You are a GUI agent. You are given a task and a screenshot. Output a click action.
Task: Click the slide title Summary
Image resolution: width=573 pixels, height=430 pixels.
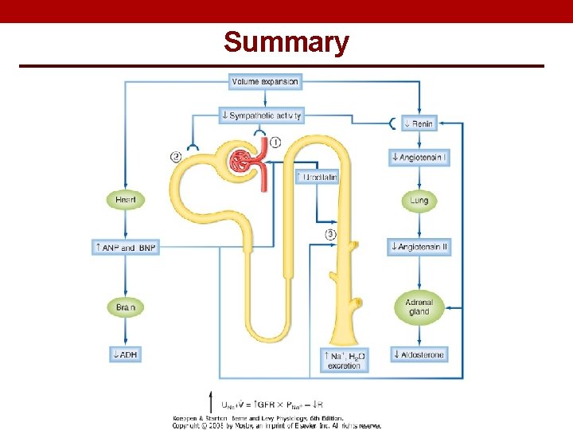pyautogui.click(x=286, y=41)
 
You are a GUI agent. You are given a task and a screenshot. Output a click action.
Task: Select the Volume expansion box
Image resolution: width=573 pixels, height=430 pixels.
pyautogui.click(x=264, y=81)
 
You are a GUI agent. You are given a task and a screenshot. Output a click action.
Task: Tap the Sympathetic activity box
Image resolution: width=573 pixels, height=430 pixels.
pyautogui.click(x=262, y=115)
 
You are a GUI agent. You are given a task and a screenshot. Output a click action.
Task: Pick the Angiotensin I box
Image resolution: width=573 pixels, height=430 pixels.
pyautogui.click(x=419, y=157)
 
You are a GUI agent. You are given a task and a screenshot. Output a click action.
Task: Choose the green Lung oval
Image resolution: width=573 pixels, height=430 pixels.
pyautogui.click(x=419, y=201)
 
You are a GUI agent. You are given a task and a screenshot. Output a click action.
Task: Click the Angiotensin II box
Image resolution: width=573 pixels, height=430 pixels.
pyautogui.click(x=419, y=247)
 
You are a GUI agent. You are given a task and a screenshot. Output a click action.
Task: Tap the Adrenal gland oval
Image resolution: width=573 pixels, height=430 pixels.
pyautogui.click(x=419, y=307)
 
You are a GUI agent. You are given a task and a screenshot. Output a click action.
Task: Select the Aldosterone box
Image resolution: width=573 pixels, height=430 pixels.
pyautogui.click(x=419, y=354)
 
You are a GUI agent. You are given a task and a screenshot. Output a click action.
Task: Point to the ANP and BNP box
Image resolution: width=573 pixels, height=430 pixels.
pyautogui.click(x=126, y=248)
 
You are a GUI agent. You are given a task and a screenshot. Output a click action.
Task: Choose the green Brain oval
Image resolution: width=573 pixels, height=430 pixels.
pyautogui.click(x=126, y=307)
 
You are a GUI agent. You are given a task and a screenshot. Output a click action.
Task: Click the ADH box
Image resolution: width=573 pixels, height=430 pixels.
pyautogui.click(x=126, y=354)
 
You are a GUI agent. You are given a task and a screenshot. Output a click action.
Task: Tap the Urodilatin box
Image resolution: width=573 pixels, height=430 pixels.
pyautogui.click(x=317, y=177)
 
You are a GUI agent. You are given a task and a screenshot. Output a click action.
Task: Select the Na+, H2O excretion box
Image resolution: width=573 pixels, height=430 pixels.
pyautogui.click(x=344, y=360)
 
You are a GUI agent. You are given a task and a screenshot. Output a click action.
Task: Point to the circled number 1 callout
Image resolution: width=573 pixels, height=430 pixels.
pyautogui.click(x=275, y=142)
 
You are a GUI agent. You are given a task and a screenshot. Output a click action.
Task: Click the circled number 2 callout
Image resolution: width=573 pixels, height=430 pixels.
pyautogui.click(x=176, y=157)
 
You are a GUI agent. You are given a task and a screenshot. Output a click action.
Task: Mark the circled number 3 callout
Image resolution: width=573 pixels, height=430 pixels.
pyautogui.click(x=331, y=234)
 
